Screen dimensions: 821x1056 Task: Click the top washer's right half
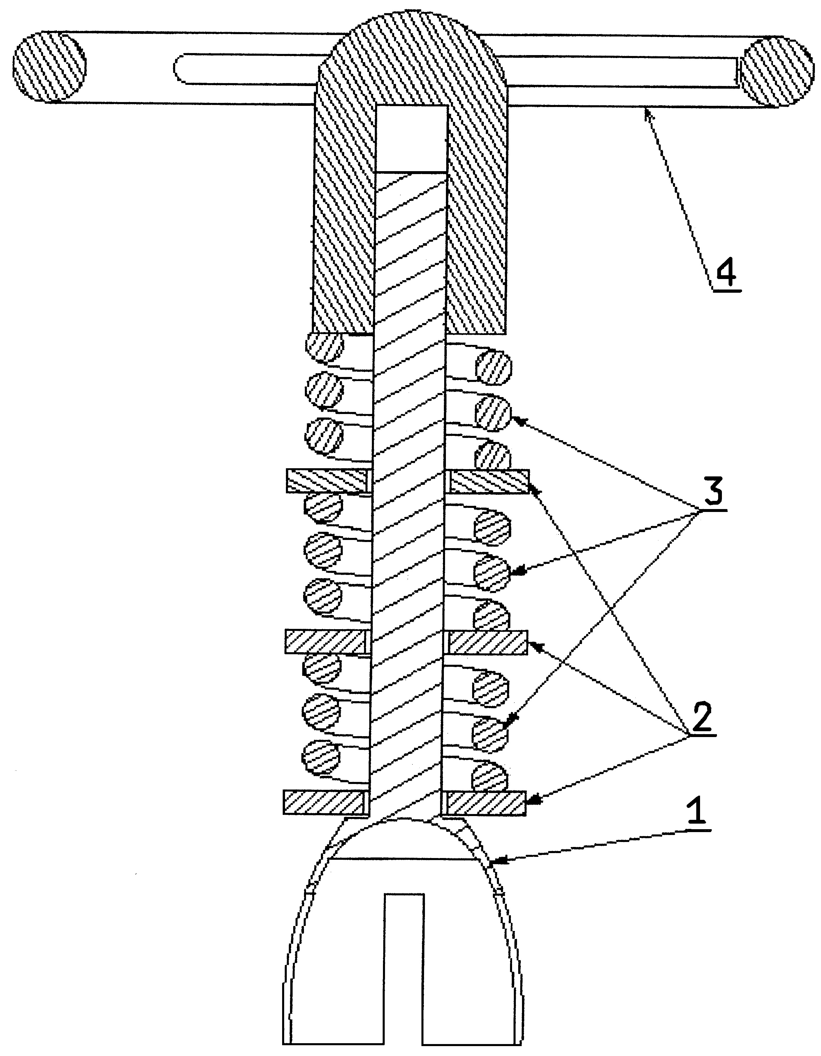coord(490,482)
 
